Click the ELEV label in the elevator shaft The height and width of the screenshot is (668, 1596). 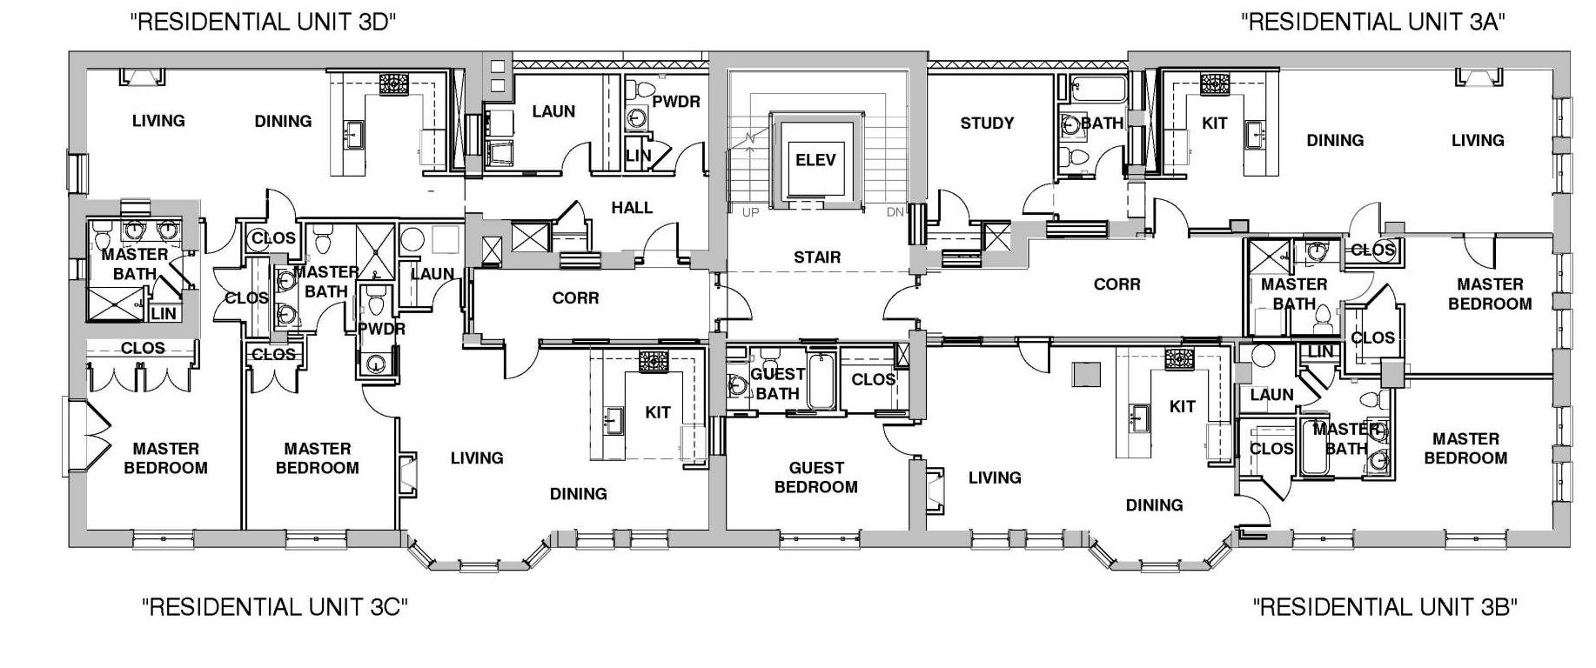click(815, 160)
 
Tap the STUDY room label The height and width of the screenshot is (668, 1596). click(987, 124)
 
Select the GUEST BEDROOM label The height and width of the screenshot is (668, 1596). click(816, 478)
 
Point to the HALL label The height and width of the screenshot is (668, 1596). click(632, 208)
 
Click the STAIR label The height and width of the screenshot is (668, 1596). click(817, 257)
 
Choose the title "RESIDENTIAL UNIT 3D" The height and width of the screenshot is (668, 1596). click(264, 22)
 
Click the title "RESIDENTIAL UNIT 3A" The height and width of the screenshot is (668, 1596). click(1373, 22)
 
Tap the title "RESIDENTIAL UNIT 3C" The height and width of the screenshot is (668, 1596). click(275, 606)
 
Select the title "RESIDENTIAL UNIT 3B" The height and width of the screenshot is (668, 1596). click(1385, 606)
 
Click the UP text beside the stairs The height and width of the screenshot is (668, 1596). click(750, 212)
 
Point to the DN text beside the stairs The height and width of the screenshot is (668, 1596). click(895, 212)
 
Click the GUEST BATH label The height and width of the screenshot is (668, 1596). click(777, 384)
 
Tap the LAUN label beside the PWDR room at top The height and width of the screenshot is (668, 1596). click(553, 111)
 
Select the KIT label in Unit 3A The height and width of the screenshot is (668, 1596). click(1214, 124)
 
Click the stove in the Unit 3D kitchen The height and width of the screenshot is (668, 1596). click(393, 83)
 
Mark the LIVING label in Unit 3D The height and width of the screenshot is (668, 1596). click(158, 121)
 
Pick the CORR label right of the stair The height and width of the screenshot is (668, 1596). click(1117, 284)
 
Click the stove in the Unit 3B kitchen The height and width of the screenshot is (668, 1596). click(1179, 358)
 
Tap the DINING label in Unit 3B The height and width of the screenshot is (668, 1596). click(1154, 505)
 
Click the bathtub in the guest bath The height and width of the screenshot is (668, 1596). click(822, 381)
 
